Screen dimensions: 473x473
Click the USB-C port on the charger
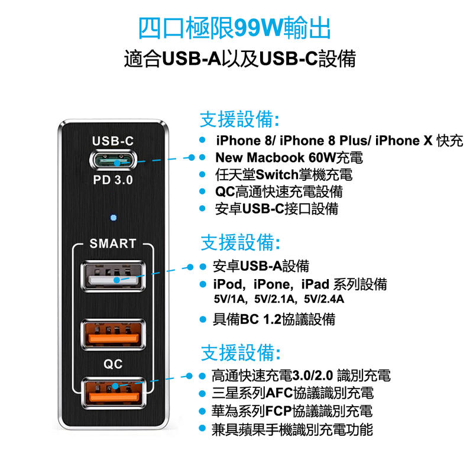coord(113,160)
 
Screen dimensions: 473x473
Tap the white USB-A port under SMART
coord(113,276)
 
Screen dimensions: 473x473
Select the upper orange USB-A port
coord(113,334)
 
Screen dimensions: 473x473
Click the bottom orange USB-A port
coord(113,393)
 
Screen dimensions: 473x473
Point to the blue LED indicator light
coord(114,218)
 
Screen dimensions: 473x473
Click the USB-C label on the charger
coord(113,141)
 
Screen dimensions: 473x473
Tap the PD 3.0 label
coord(113,180)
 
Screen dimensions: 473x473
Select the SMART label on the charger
coord(113,244)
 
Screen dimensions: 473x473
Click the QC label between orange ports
coord(113,364)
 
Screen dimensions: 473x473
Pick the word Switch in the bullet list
coord(277,174)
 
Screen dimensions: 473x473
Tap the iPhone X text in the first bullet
coord(404,141)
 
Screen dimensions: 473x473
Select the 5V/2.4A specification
coord(324,299)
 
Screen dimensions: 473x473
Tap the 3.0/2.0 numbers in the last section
coord(313,375)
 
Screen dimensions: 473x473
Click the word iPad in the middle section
coord(315,284)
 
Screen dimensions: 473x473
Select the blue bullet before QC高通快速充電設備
coord(202,191)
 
